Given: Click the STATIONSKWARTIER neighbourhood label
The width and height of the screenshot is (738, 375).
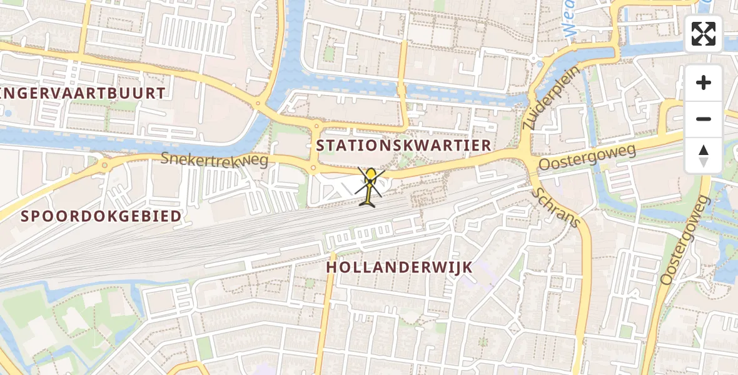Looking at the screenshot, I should click(403, 146).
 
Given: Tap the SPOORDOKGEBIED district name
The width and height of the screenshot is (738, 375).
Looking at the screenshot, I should click(101, 216).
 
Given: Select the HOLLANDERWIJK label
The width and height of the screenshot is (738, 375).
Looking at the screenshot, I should click(399, 267).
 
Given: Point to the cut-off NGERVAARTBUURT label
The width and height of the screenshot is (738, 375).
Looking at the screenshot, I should click(84, 94).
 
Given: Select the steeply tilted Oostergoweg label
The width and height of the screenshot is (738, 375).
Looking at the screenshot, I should click(685, 239).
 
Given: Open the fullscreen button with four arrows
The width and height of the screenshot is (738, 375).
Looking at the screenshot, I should click(704, 34).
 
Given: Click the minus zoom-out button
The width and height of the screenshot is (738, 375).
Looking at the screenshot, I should click(704, 119).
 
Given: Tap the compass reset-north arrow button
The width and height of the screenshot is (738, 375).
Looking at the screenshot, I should click(704, 155).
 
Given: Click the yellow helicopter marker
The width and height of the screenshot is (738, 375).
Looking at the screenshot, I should click(371, 185).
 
